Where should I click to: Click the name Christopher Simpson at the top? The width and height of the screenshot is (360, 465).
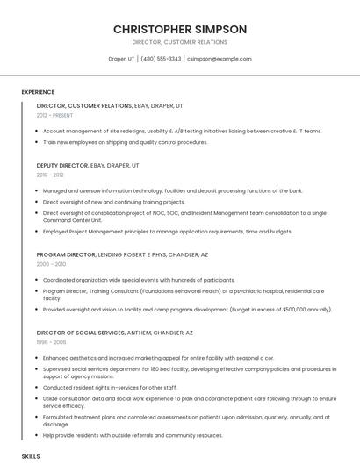coord(180,29)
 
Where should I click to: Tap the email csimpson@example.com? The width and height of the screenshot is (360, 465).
coord(219,59)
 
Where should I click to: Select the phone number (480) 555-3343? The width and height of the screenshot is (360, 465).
coord(161,59)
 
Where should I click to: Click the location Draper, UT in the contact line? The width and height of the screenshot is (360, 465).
coord(121,59)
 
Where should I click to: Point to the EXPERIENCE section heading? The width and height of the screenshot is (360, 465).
coord(38,92)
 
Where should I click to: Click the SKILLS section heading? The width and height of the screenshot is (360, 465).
coord(31,457)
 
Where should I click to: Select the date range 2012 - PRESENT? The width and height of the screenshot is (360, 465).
coord(55,115)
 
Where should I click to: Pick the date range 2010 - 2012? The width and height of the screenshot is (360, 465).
coord(50,175)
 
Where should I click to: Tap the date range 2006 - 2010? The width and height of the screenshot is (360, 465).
coord(51,263)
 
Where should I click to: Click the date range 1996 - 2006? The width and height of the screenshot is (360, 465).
coord(51,342)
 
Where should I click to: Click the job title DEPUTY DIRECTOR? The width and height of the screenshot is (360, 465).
coord(62,165)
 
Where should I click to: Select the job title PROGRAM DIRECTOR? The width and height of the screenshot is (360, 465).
coord(66,254)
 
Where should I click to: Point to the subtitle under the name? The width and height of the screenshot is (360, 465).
coord(180,42)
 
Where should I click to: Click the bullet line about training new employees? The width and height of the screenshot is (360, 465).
coord(126,141)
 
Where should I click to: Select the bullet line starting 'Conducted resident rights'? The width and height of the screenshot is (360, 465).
coord(110,387)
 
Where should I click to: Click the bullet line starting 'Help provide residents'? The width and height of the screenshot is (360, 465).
coord(133,435)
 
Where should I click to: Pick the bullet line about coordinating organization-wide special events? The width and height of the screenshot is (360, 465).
coord(139,280)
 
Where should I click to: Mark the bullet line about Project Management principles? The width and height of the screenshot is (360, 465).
coord(167,232)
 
